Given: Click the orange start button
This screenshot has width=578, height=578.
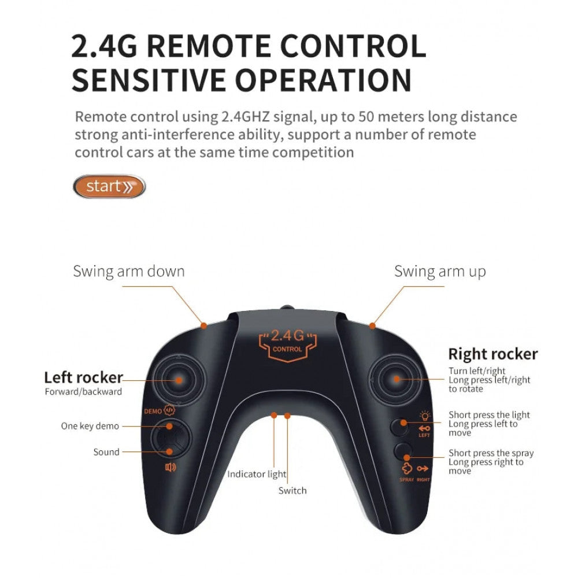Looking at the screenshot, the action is tap(109, 186).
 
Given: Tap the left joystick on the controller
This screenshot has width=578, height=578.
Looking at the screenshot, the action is tap(179, 380).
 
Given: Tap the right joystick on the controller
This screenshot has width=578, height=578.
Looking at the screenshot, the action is tap(396, 379).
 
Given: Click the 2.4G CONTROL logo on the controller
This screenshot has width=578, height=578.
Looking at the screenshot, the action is tap(287, 345).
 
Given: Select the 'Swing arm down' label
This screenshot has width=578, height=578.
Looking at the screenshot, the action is tap(129, 271).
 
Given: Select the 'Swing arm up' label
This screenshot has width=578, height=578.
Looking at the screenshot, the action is tap(440, 272).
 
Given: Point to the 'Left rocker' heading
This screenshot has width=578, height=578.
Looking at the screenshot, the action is tap(83, 377).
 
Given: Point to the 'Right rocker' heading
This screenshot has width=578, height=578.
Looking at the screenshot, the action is tap(493, 354).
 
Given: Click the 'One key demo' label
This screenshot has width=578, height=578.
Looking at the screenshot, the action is tap(90, 426).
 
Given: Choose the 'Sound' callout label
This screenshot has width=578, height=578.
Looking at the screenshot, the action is tap(106, 452).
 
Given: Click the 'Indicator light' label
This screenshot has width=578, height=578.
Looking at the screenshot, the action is tap(257, 474).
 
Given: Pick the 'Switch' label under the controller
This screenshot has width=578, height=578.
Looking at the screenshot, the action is tap(292, 491).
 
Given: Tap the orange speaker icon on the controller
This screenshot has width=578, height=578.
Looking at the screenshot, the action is tap(171, 468).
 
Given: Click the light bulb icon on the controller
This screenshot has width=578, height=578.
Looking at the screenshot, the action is tap(425, 416).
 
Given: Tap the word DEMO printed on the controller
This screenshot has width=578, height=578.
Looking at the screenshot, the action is tap(153, 412).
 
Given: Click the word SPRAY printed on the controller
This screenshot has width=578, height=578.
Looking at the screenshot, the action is tap(406, 480).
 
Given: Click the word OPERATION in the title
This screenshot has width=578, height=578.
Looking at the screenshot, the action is tap(323, 80).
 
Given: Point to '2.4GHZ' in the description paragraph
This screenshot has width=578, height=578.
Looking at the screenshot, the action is tap(245, 117).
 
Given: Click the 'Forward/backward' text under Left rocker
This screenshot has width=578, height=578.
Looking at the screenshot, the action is tap(83, 392).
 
